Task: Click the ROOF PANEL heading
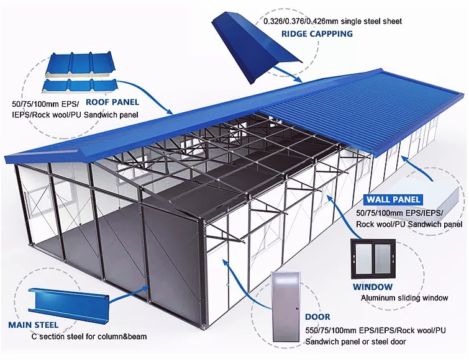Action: tap(112, 102)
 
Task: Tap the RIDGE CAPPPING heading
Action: tap(317, 34)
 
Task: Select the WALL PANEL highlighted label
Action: tap(393, 199)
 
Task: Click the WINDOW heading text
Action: tap(373, 287)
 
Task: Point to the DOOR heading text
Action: tap(317, 317)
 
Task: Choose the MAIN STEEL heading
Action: tap(33, 325)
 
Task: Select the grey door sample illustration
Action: tap(285, 307)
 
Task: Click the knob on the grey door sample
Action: tap(296, 308)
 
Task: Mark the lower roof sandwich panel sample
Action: tap(80, 86)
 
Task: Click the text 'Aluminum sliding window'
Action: tap(404, 298)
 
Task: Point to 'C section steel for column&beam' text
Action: tap(89, 336)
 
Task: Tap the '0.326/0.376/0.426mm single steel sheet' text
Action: tap(332, 21)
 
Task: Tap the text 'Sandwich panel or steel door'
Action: tap(356, 341)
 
